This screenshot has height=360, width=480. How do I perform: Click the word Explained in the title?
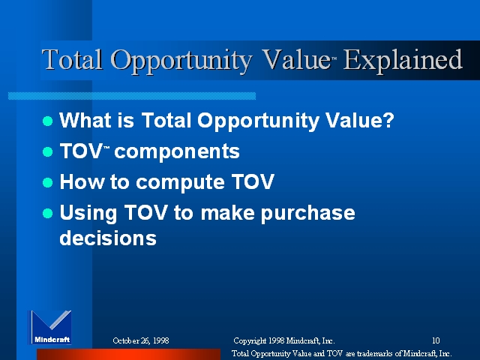[403, 61]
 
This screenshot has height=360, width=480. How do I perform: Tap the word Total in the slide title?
[72, 59]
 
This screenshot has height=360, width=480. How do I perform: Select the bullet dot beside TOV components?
[48, 151]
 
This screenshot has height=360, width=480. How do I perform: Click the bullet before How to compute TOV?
[48, 182]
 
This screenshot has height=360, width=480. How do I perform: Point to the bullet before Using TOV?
[48, 213]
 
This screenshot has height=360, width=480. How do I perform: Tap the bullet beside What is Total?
[48, 121]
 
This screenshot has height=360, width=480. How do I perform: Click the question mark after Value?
[388, 120]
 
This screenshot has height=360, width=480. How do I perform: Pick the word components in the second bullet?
[177, 152]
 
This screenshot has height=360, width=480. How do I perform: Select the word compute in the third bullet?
[180, 183]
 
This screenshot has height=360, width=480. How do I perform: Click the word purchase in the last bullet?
[308, 214]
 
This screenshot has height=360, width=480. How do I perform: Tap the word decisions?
[108, 238]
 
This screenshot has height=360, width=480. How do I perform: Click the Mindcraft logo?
[50, 327]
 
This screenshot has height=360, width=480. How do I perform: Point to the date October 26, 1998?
[141, 340]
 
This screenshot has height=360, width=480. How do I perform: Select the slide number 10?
[436, 340]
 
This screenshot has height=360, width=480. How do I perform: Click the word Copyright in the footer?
[250, 341]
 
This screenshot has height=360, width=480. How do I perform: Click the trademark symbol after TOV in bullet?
[106, 148]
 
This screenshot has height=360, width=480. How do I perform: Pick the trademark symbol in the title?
[334, 58]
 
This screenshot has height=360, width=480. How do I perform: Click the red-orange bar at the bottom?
[128, 354]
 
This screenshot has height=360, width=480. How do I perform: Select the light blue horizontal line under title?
[132, 96]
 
